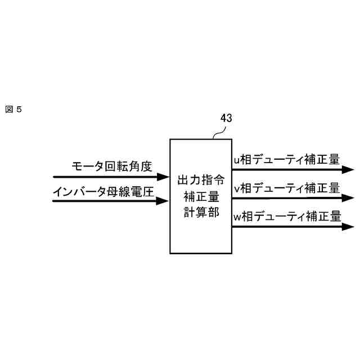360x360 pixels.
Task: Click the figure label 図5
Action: click(x=13, y=109)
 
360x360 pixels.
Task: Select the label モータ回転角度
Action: click(x=112, y=166)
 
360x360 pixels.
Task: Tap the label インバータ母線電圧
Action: click(x=103, y=191)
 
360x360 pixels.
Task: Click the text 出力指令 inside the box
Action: click(x=201, y=181)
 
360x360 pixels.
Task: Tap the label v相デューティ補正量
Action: click(x=286, y=187)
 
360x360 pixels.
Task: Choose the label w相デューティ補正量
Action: click(x=287, y=216)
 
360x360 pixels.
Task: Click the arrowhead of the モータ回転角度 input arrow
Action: click(x=164, y=177)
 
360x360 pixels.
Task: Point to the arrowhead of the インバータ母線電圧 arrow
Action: click(x=164, y=200)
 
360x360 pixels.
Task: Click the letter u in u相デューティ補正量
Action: click(x=236, y=160)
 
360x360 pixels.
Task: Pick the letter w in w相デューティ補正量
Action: click(x=237, y=217)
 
